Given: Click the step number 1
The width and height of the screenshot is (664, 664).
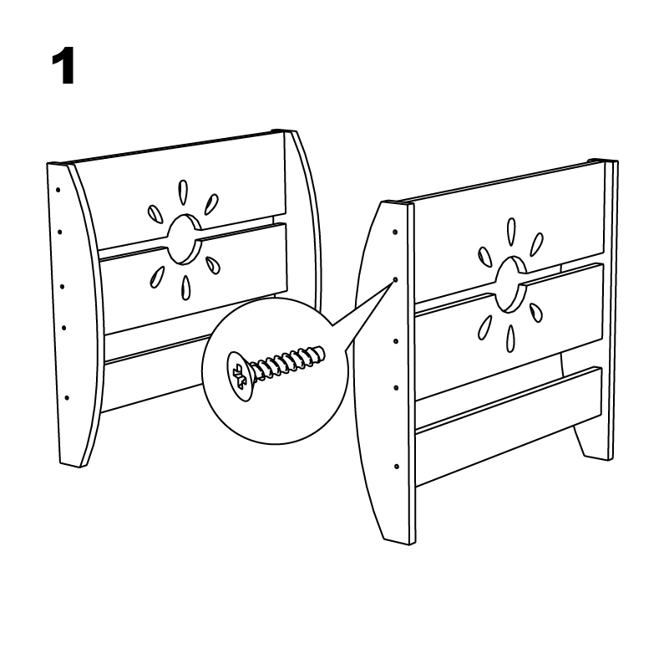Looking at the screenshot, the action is (x=63, y=66).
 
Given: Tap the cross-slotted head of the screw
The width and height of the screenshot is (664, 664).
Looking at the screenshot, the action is (x=240, y=376).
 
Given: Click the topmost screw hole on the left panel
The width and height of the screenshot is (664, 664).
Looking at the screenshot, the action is (x=58, y=190).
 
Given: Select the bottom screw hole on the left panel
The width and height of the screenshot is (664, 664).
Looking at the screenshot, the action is (x=67, y=398).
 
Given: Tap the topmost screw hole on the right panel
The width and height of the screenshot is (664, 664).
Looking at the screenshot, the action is (x=395, y=232).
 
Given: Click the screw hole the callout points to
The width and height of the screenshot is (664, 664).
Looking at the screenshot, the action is (x=395, y=280).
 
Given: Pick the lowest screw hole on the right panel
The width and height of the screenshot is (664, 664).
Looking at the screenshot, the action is (x=397, y=467).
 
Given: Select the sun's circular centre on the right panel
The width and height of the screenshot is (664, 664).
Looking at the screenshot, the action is (x=511, y=284).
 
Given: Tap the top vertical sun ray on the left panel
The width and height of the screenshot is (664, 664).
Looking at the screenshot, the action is (x=183, y=192).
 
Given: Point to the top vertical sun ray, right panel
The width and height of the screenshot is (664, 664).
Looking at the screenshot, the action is (x=511, y=232).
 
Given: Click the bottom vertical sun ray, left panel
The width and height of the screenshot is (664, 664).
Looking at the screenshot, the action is (x=185, y=289).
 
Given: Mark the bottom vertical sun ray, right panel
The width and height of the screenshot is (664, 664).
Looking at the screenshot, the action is (x=510, y=339).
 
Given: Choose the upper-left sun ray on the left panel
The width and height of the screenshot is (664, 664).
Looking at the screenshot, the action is (x=155, y=215).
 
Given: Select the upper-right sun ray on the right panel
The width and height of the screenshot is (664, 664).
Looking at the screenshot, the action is (x=536, y=245).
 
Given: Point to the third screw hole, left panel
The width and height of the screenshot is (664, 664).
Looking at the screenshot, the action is (x=63, y=287).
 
